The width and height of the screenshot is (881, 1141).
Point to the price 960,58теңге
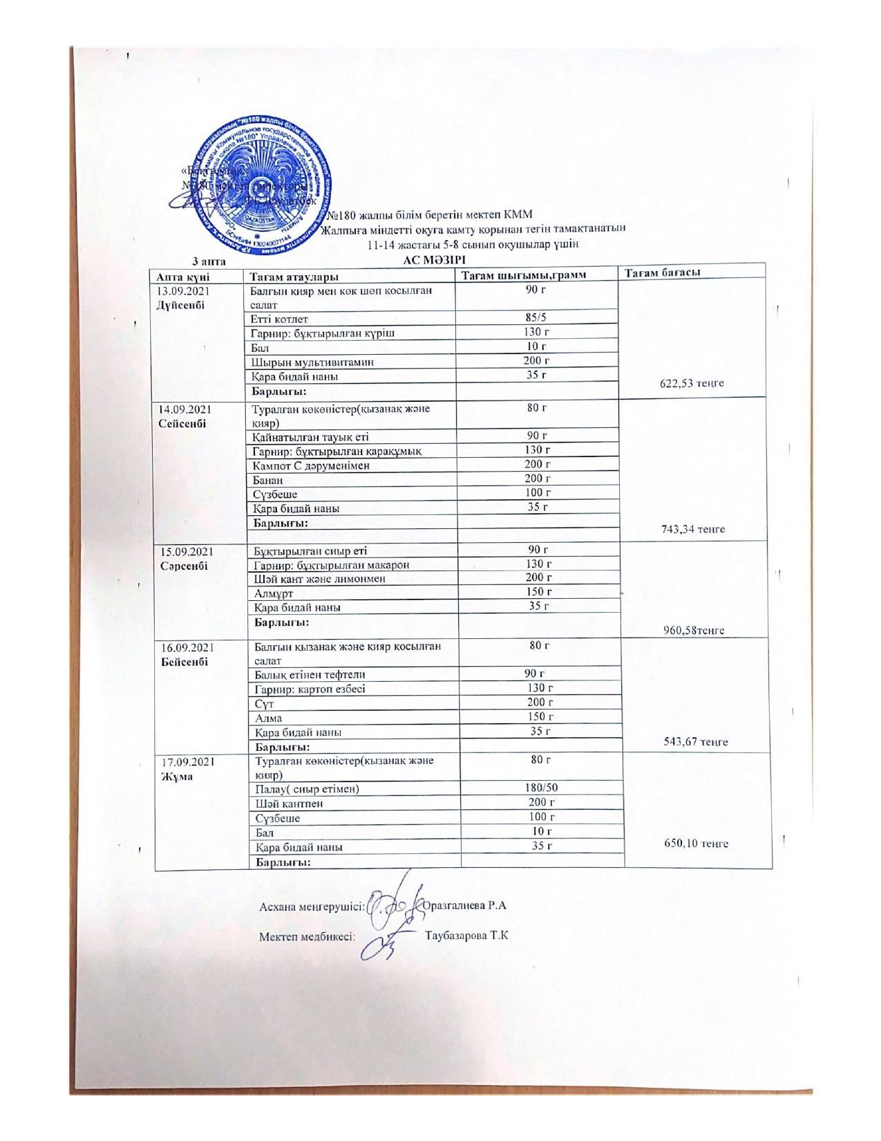[x=694, y=630]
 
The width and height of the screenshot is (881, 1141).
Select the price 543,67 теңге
[x=696, y=742]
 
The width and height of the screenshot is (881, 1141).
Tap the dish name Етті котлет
[x=279, y=319]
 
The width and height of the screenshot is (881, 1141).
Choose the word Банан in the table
[x=269, y=480]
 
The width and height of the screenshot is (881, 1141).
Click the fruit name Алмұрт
[x=274, y=593]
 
